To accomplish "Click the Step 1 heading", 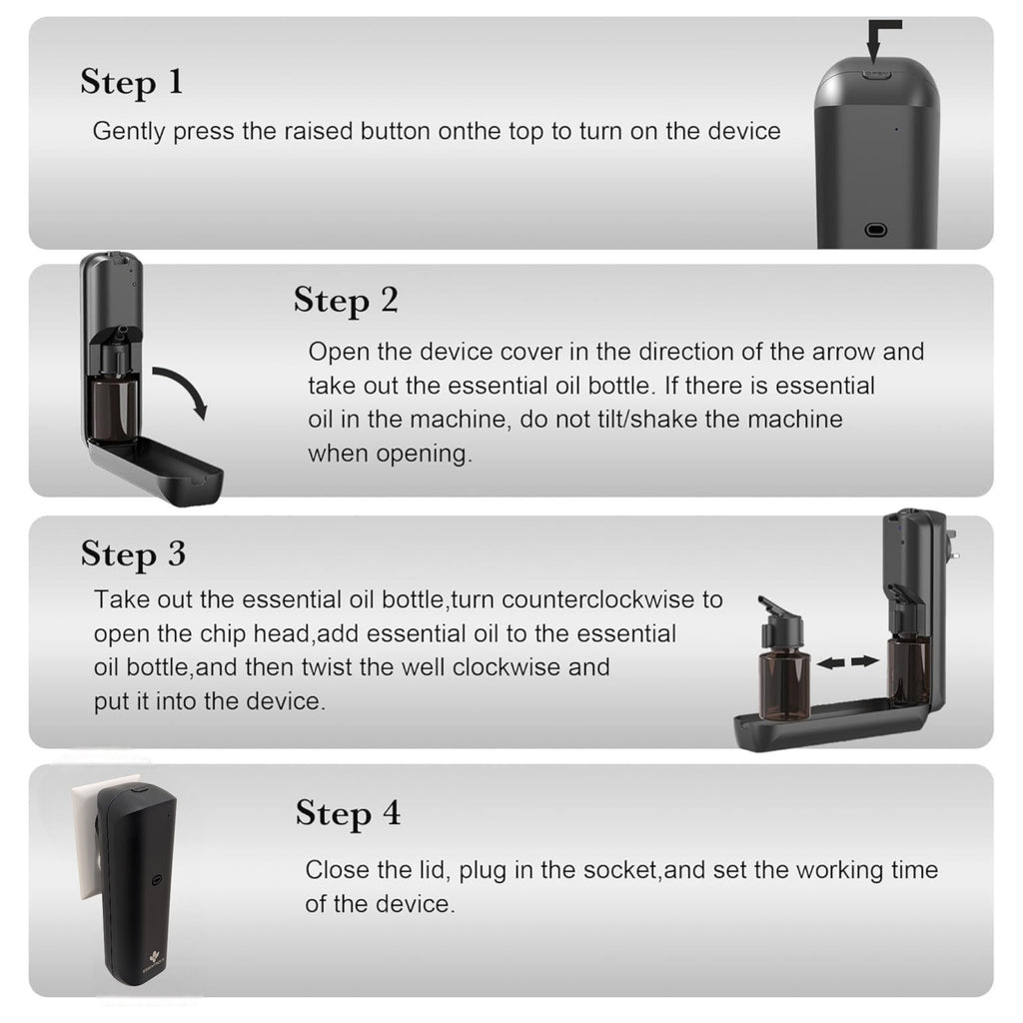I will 132,82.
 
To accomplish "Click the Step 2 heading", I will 346,300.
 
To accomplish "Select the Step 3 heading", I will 133,553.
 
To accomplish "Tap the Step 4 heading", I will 348,813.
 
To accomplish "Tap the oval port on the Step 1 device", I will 876,229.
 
